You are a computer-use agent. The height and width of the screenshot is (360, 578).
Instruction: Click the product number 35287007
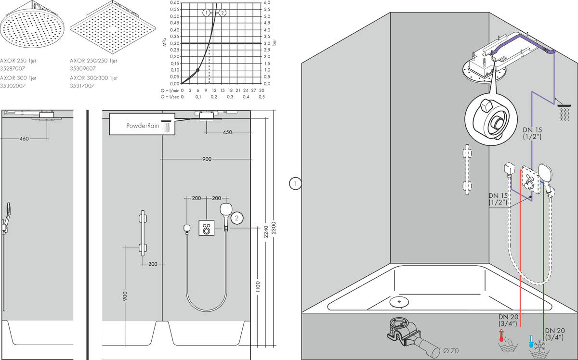[13, 69]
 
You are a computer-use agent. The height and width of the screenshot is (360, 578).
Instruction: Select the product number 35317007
[82, 86]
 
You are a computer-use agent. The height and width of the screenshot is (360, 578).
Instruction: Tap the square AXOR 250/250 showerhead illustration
[113, 27]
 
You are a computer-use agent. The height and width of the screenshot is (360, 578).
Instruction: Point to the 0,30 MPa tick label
[175, 43]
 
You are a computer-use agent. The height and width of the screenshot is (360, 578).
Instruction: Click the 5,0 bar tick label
[267, 16]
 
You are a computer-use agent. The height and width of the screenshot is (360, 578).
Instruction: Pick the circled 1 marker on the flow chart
[206, 13]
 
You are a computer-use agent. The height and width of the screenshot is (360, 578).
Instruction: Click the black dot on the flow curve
[197, 70]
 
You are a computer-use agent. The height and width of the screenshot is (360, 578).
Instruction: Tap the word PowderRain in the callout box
[143, 126]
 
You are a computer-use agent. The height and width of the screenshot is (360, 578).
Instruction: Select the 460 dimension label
[24, 139]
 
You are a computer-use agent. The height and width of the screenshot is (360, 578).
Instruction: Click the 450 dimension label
[227, 132]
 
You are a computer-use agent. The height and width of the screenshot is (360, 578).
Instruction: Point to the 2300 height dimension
[274, 228]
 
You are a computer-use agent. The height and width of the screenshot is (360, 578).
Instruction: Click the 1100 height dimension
[258, 287]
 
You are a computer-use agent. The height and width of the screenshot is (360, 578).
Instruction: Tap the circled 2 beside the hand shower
[236, 218]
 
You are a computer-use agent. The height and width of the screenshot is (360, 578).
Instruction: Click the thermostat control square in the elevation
[207, 228]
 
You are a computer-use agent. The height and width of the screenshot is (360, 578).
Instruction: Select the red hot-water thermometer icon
[501, 335]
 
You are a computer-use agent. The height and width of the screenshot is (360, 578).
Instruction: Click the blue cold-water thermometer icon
[531, 341]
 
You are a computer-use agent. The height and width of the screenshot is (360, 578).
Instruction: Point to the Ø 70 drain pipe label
[451, 351]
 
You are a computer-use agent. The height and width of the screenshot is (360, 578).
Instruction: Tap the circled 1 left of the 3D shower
[295, 184]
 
